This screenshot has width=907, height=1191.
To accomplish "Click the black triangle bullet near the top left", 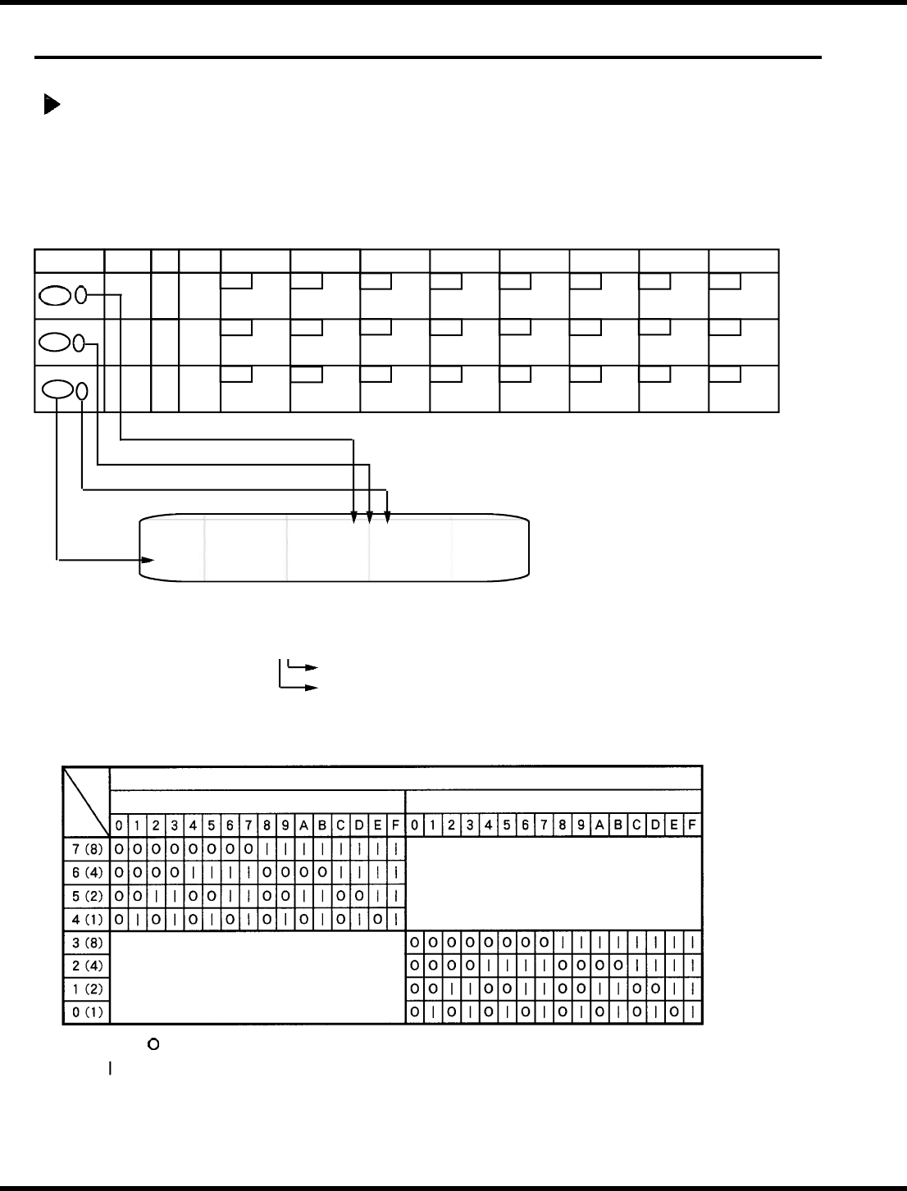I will (51, 105).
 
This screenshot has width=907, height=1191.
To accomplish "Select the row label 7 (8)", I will (86, 847).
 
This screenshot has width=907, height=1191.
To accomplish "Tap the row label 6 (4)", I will (86, 871).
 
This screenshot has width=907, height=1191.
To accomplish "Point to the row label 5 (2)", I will (86, 894).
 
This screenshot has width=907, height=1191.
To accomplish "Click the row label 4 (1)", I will (86, 917).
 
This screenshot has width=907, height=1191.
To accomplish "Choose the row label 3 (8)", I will (86, 943).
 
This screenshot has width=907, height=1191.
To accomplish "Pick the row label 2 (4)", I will (86, 966).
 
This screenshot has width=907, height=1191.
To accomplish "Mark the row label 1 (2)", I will (86, 989).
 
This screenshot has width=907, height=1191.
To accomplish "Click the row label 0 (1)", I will (86, 1012).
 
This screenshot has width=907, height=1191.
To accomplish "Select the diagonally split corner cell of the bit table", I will (86, 801).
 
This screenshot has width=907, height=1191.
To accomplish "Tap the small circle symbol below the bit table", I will (152, 1045).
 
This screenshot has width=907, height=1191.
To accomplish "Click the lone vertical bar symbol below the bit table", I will (110, 1069).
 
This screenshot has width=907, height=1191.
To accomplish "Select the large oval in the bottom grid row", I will (57, 389).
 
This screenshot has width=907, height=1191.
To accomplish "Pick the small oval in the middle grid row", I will (80, 343).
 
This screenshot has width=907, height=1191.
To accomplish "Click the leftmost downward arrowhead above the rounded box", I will (353, 516).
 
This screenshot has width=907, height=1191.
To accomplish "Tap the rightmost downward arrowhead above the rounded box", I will (388, 516).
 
